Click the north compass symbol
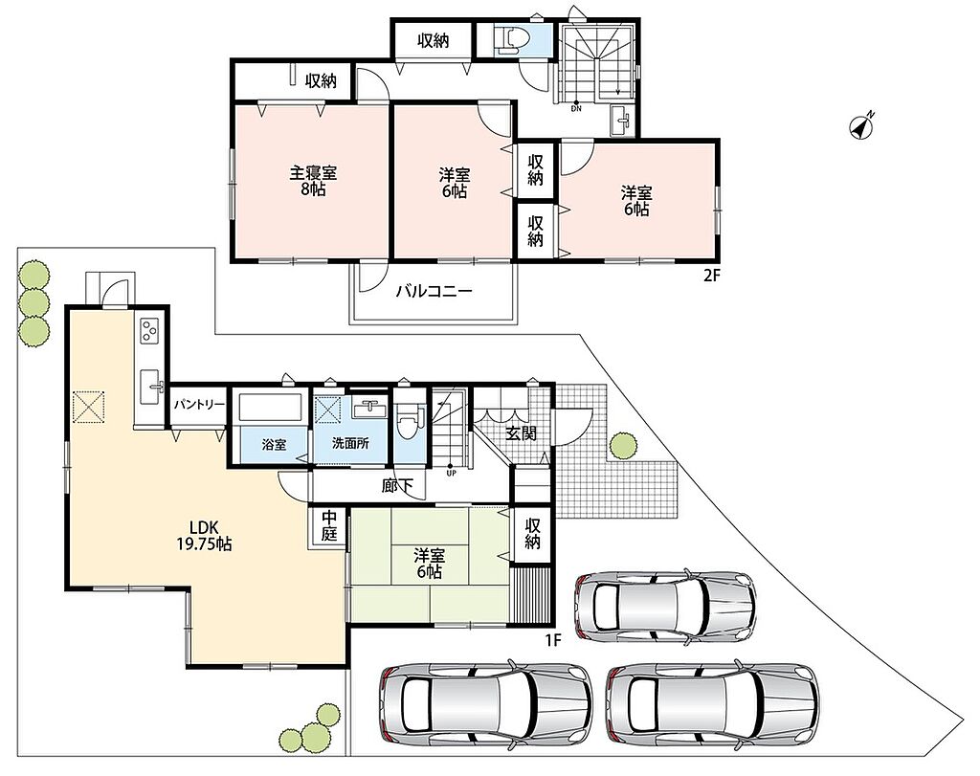tap(862, 125)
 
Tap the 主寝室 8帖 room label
tap(313, 180)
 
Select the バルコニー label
tap(434, 291)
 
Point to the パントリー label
tap(199, 404)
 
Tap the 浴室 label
tap(275, 445)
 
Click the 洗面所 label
tap(350, 444)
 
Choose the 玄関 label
tap(521, 433)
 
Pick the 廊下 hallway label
tap(397, 485)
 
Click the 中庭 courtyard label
tap(329, 526)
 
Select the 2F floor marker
tap(712, 276)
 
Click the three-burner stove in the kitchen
tap(150, 331)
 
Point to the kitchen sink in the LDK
tap(151, 388)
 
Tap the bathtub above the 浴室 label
tap(271, 408)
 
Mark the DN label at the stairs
tap(575, 109)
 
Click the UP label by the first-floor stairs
tap(452, 473)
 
